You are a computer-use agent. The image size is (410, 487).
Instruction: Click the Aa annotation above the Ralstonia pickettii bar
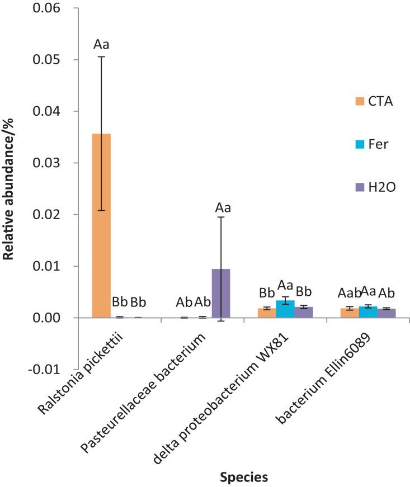click(x=101, y=44)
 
